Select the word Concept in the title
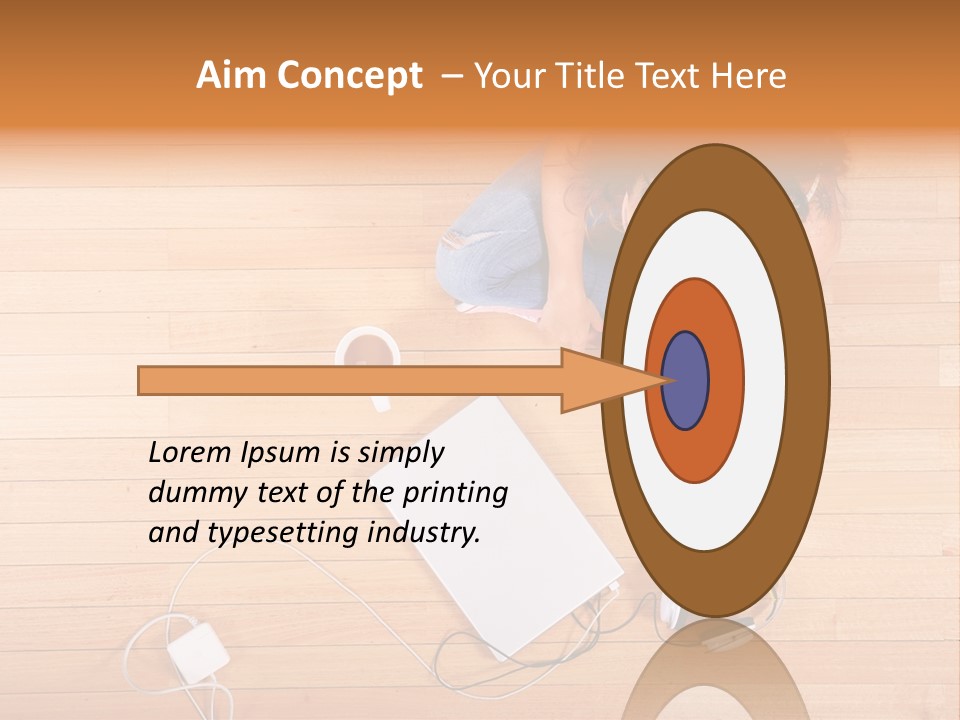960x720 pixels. [x=349, y=77]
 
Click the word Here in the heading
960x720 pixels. [x=751, y=76]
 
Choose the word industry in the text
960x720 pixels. [x=424, y=533]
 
